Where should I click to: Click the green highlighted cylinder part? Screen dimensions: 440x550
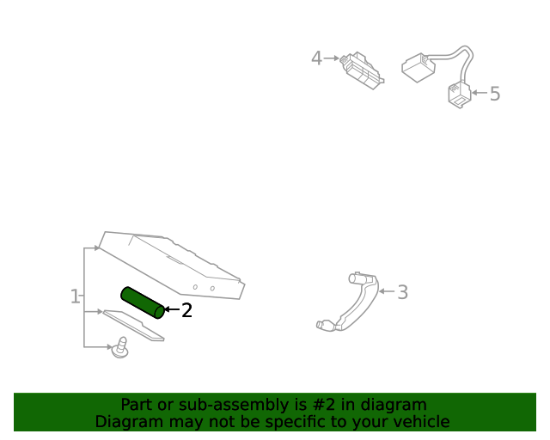coord(143,302)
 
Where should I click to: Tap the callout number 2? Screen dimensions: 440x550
coord(186,310)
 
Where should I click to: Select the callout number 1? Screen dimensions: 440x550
coord(75,296)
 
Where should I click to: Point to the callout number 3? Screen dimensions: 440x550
coord(402,292)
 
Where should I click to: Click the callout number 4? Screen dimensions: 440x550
coord(316,58)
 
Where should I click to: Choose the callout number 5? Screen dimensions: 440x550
coord(495,94)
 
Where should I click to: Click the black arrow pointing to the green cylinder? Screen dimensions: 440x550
coord(171,309)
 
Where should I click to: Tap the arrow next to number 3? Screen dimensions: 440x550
coord(386,292)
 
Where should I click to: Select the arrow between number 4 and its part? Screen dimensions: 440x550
coord(332,58)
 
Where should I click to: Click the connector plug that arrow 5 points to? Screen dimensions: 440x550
coord(459,95)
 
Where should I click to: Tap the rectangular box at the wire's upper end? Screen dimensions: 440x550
coord(419,67)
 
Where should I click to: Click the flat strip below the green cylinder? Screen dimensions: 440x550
coord(133,325)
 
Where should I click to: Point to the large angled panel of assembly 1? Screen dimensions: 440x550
coord(172,262)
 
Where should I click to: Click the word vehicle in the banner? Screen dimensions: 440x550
coord(419,422)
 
